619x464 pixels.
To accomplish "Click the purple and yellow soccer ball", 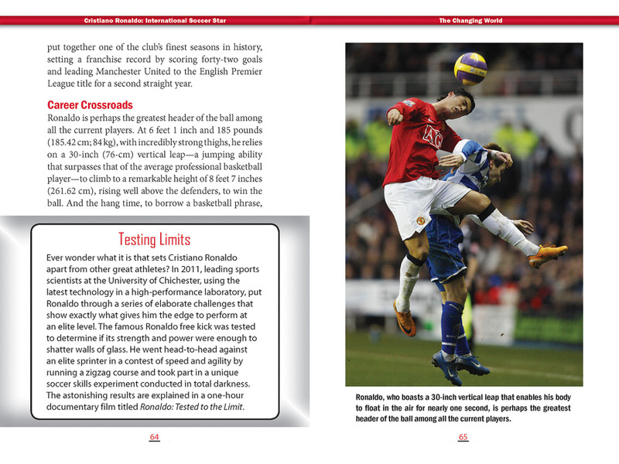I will coord(470,67).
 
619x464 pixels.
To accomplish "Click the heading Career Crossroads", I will coord(90,105).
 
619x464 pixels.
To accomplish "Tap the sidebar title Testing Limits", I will coord(154,239).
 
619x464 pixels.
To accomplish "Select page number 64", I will coord(154,438).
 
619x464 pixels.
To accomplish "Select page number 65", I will coord(463,438).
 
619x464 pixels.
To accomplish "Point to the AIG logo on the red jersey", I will coord(433,137).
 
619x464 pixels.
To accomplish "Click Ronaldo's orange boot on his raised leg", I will coord(548,254).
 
